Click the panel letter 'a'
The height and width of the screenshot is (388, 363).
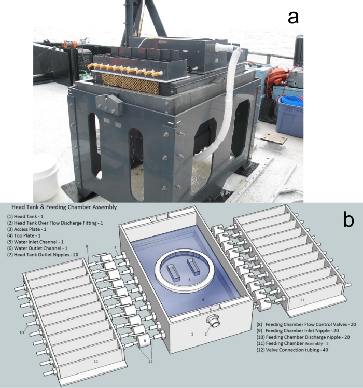(294, 17)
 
